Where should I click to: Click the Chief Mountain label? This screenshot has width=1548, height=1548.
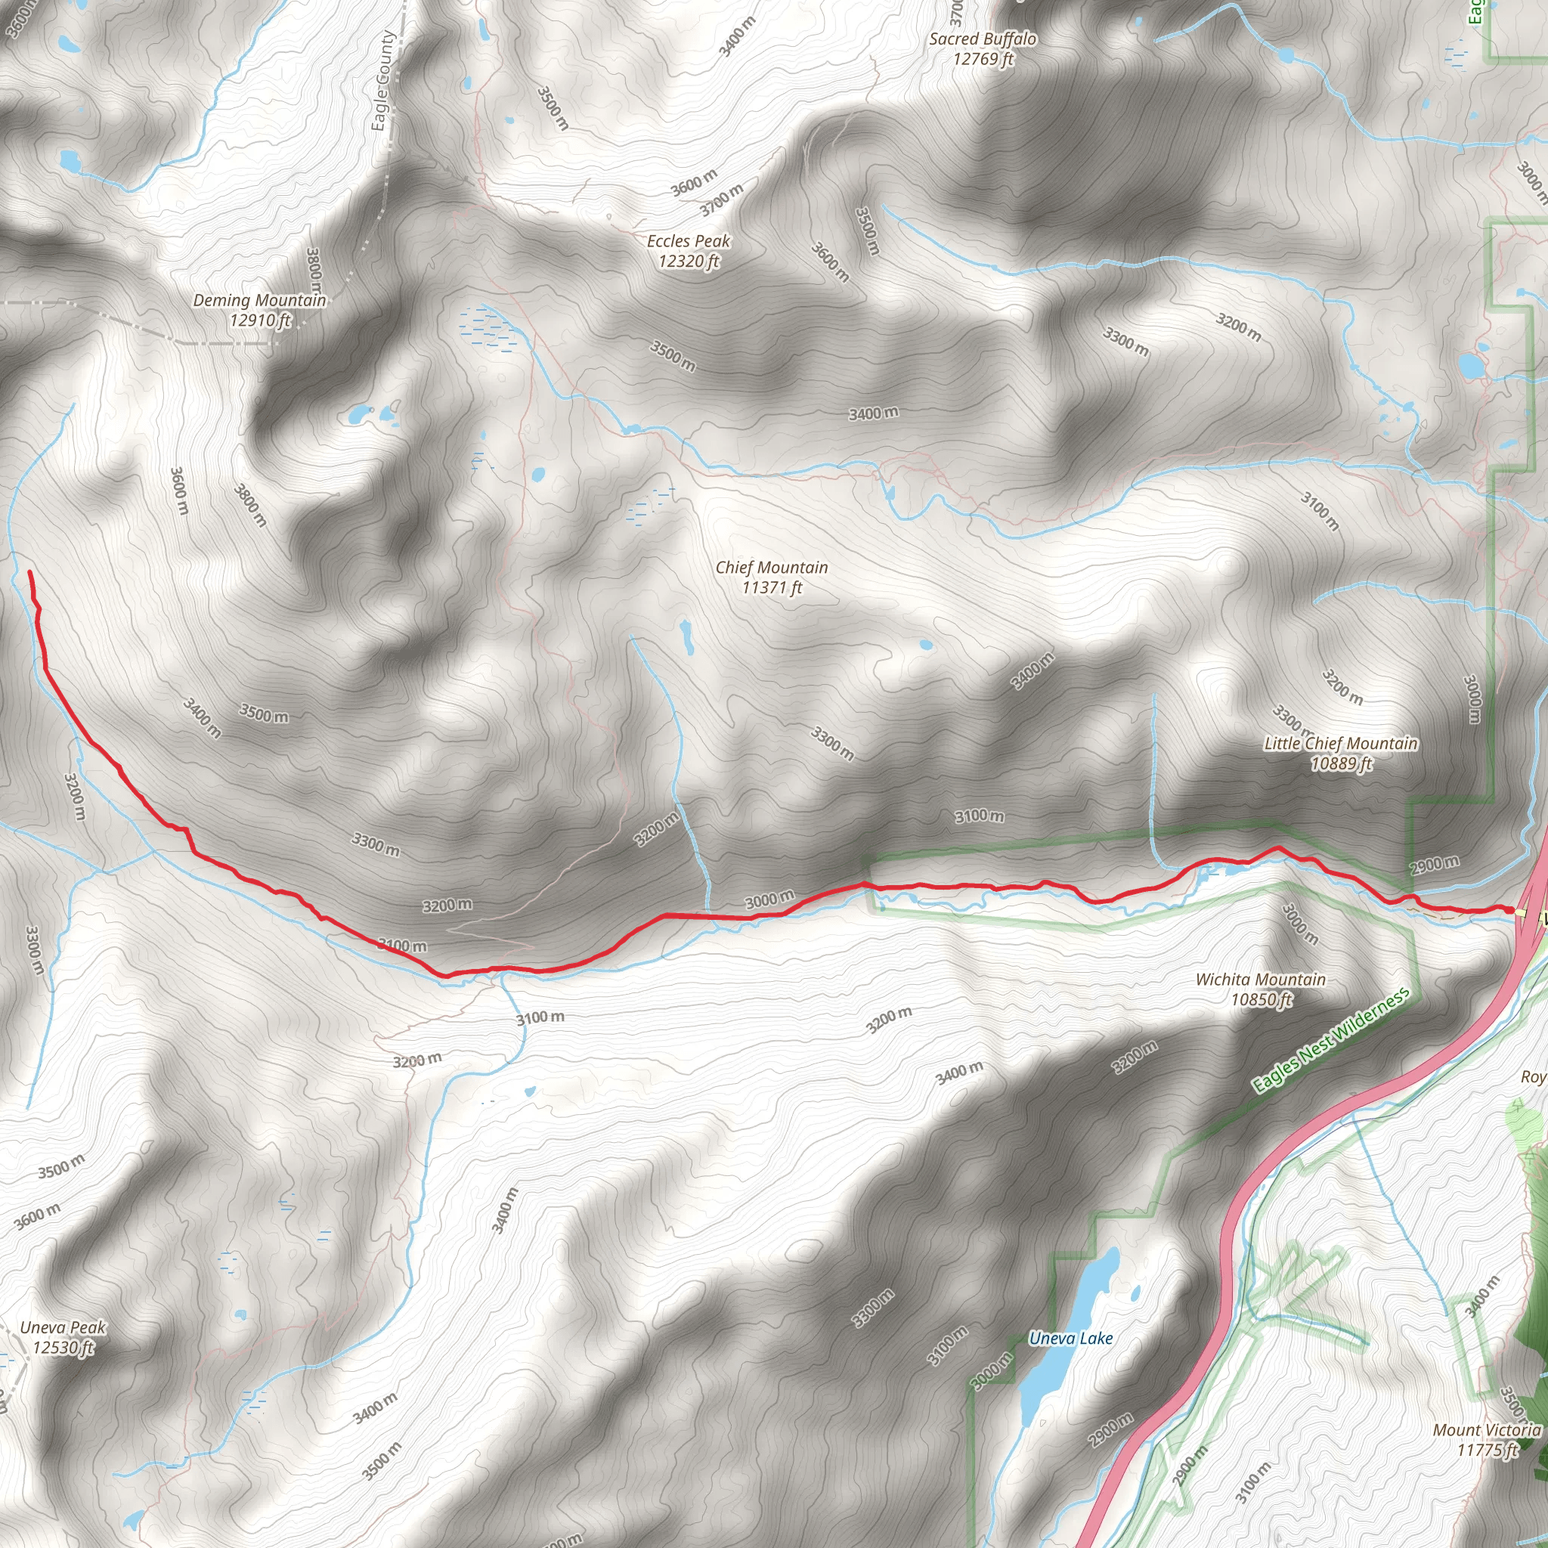coord(771,577)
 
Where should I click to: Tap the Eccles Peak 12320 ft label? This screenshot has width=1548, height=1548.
coord(689,251)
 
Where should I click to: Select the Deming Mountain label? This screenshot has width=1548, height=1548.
coord(259,310)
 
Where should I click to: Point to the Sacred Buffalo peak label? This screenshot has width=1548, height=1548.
coord(983,48)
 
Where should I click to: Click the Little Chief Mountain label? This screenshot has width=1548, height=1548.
coord(1340,753)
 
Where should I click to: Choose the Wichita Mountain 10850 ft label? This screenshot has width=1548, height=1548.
coord(1260,989)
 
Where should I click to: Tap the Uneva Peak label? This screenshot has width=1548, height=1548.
coord(63,1337)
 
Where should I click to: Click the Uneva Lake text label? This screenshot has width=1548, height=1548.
coord(1070,1338)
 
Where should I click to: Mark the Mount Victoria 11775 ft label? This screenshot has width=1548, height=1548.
coord(1486,1440)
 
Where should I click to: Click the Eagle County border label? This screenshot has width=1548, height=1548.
coord(383,80)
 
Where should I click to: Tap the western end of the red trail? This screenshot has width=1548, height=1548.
coord(29,572)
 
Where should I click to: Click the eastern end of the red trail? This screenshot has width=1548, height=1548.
coord(1510,910)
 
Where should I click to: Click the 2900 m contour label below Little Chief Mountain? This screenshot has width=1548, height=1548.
coord(1434,865)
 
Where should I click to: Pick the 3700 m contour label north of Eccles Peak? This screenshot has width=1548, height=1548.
coord(721,199)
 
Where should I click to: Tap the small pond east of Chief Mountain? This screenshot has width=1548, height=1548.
coord(926,644)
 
